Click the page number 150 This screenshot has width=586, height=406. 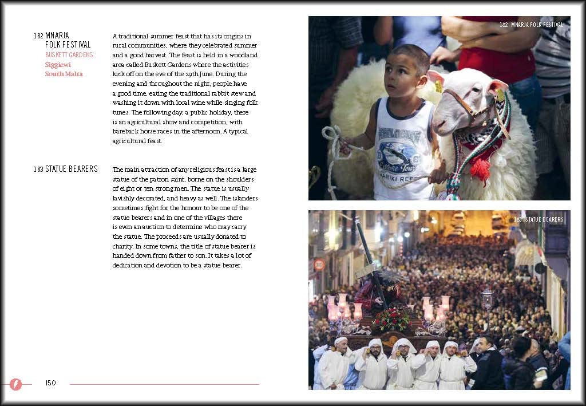[x=50, y=383]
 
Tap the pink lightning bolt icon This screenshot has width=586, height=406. [x=15, y=384]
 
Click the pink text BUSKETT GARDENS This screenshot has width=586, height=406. [x=69, y=55]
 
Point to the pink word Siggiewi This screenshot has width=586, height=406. [x=58, y=65]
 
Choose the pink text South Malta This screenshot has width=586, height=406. [x=64, y=74]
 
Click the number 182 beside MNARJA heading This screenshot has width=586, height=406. [x=38, y=36]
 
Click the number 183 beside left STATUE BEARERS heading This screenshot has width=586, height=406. [x=38, y=169]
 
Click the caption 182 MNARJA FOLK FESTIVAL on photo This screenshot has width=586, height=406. [x=531, y=25]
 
